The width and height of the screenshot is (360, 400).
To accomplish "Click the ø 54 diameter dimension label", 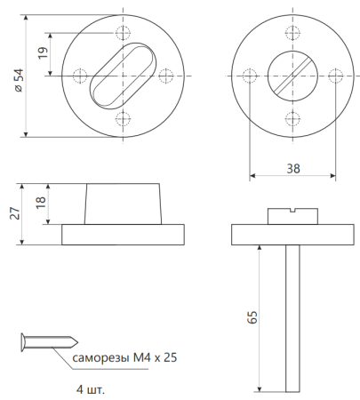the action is coord(19,80).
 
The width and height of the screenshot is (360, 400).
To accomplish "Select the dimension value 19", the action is coord(43,52).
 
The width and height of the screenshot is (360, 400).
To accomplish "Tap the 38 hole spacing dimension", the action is coord(293,169).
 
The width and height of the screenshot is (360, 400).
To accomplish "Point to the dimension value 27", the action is coord(15,213).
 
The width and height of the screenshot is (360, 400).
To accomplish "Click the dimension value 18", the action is coord(41,203).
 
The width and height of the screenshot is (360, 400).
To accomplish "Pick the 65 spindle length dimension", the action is coord(252,317).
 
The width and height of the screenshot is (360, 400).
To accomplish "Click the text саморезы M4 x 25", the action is coord(124,358).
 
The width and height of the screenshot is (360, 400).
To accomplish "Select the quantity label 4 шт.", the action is coord(91,389).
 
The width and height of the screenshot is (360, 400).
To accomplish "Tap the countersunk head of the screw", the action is coord(23,342).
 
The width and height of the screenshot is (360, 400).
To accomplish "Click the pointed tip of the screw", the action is coord(77,342).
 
